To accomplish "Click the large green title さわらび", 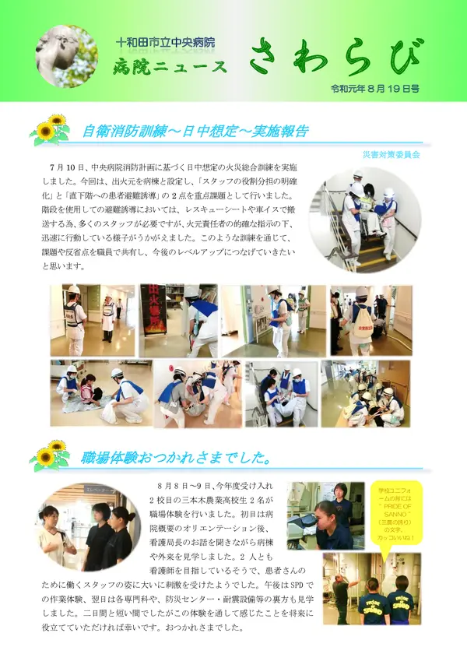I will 336,57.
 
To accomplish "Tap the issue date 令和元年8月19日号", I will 374,90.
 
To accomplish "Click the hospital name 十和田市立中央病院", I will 176,41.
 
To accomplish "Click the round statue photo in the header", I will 65,56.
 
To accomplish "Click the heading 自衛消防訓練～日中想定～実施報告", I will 195,131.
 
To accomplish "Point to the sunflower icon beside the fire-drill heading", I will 51,129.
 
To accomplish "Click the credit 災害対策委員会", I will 391,155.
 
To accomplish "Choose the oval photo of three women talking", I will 87,526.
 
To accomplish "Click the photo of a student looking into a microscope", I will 325,515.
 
